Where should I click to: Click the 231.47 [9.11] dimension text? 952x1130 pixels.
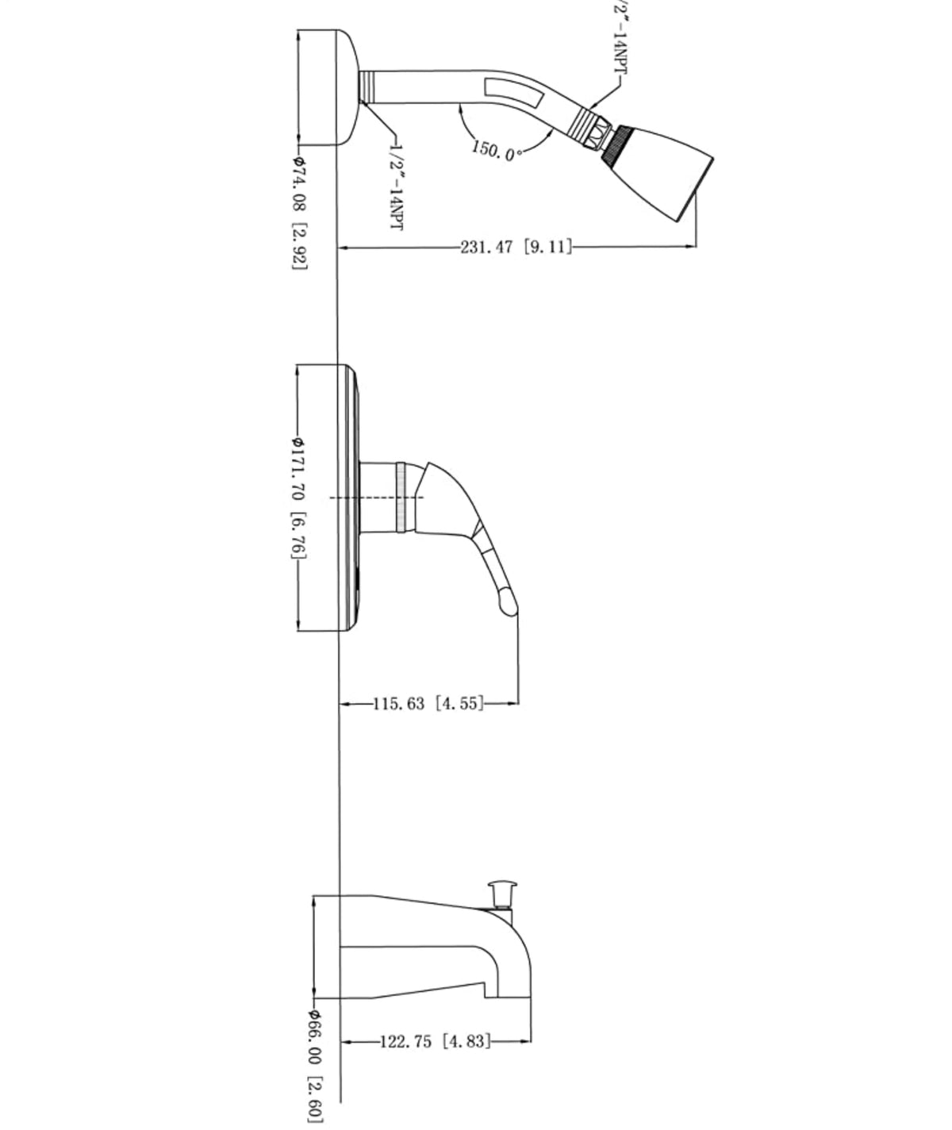tap(516, 247)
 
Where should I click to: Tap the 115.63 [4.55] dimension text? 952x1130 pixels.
tap(428, 703)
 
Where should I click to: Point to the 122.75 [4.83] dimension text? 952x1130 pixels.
tap(435, 1041)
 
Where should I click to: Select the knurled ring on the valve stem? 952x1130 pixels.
tap(405, 497)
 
